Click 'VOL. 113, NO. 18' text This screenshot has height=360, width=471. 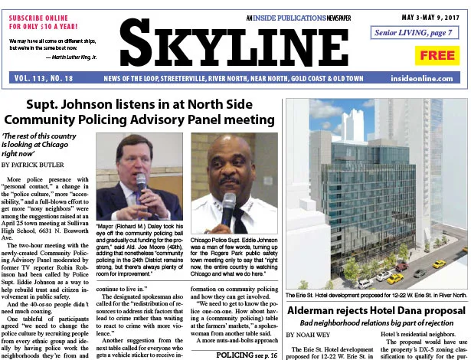click(x=43, y=78)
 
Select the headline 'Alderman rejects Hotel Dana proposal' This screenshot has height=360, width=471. click(x=375, y=310)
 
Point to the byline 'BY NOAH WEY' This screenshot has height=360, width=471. click(x=311, y=335)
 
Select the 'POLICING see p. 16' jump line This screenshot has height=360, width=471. click(x=246, y=356)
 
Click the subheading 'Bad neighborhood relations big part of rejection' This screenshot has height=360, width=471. click(x=375, y=324)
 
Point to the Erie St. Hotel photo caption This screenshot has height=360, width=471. click(x=375, y=294)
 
